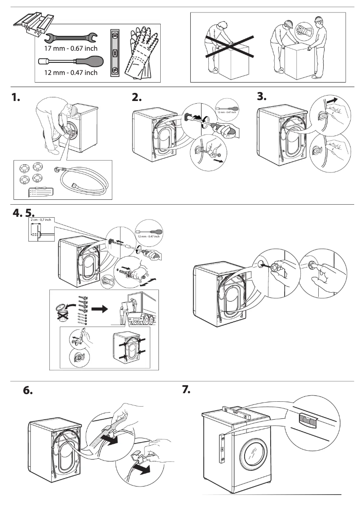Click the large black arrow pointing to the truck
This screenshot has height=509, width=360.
point(102,310)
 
